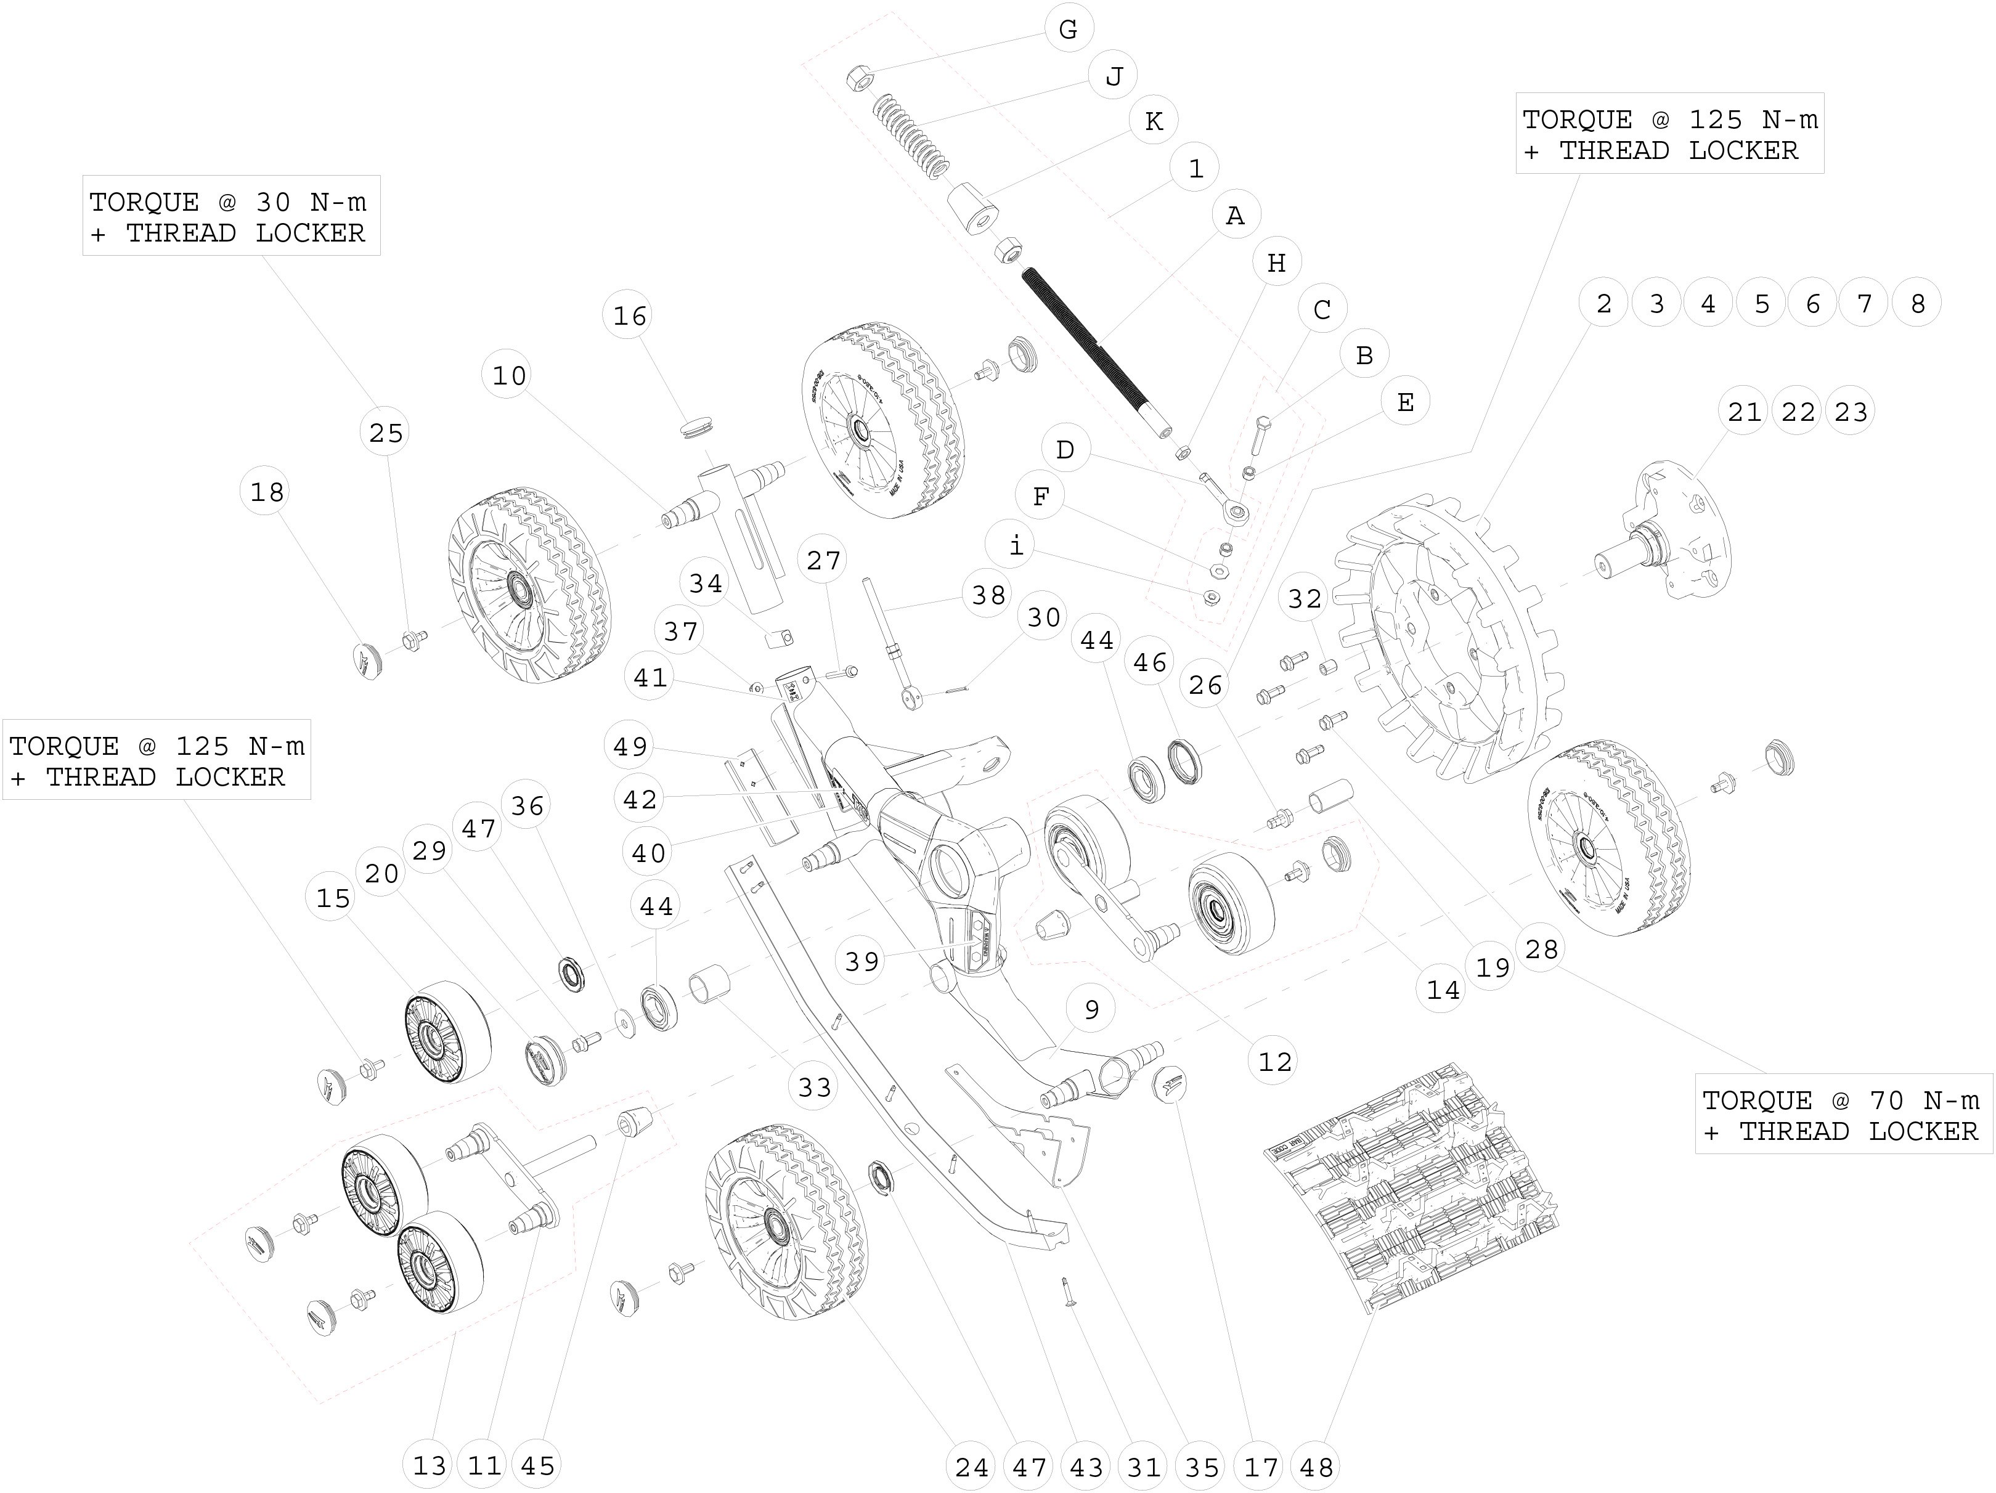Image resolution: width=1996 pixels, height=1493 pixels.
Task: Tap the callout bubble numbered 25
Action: (386, 433)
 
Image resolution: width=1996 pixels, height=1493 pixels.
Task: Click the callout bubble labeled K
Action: (1153, 121)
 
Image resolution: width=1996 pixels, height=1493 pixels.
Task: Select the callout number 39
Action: (862, 961)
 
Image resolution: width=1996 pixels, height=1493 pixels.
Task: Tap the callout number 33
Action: (815, 1087)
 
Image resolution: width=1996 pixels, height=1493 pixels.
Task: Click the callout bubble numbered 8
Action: (1918, 303)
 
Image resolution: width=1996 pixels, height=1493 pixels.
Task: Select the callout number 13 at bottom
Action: (430, 1466)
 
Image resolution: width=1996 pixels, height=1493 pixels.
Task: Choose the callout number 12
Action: (1275, 1062)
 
